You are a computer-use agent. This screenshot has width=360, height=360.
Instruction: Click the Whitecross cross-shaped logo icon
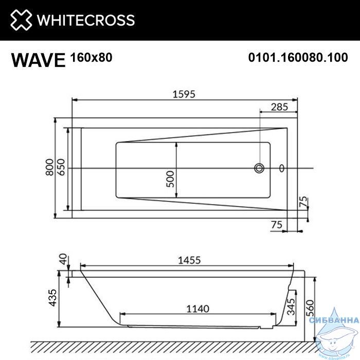[21, 20]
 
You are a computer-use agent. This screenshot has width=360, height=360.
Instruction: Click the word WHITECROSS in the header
[86, 20]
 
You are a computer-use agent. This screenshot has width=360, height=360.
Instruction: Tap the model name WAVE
[39, 60]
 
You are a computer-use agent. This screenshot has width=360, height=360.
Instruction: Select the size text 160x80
[92, 57]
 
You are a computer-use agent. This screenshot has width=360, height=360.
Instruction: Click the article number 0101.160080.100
[298, 57]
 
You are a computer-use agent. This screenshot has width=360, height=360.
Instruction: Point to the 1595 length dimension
[184, 94]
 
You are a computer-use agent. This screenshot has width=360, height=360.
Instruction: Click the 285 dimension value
[279, 107]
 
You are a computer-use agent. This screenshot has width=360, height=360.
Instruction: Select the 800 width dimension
[49, 167]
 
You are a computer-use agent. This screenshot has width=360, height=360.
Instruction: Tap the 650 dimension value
[61, 167]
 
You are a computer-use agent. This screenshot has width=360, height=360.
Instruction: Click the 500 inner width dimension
[170, 179]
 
